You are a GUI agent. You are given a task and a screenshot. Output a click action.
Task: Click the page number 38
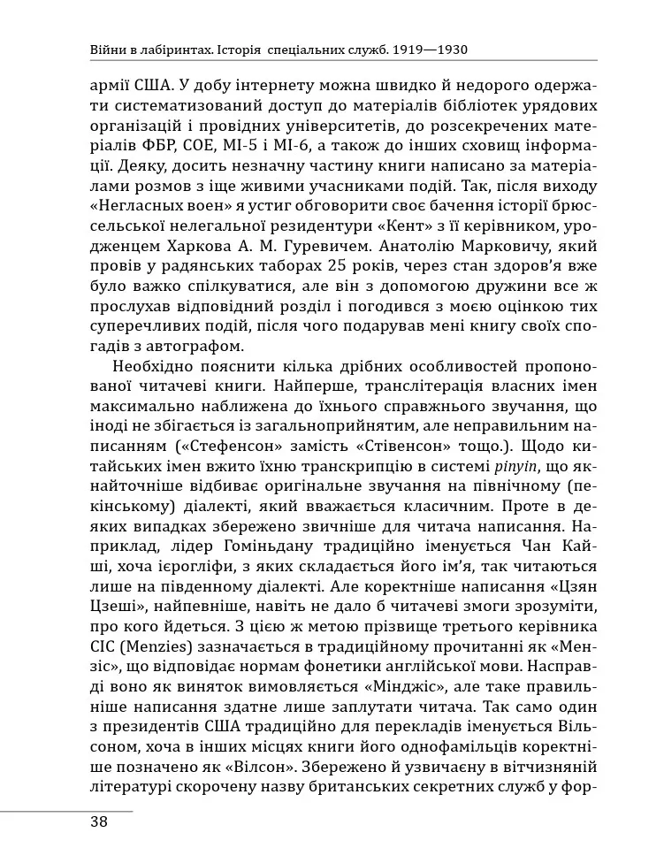(98, 821)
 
